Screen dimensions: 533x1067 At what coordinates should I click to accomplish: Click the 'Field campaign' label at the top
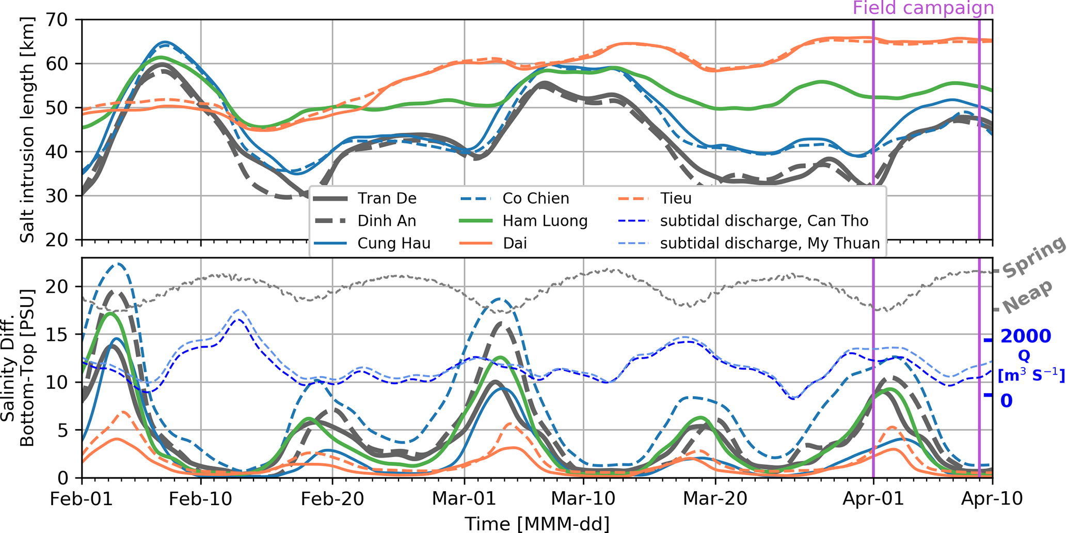click(923, 8)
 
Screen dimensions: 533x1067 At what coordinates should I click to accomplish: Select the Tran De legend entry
click(387, 199)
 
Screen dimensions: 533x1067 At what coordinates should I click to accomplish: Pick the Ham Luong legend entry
click(545, 221)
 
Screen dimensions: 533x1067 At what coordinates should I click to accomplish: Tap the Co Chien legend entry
click(535, 199)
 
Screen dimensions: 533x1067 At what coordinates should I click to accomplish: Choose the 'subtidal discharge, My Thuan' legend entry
click(769, 243)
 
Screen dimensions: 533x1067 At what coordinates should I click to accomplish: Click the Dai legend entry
click(515, 243)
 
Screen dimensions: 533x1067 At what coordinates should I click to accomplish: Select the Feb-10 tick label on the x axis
click(200, 499)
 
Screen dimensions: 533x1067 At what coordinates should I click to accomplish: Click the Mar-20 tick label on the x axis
click(715, 499)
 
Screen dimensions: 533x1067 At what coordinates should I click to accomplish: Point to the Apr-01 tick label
click(873, 499)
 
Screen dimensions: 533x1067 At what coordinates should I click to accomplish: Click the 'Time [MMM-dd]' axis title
click(537, 523)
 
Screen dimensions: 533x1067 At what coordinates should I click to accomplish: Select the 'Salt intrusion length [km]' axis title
click(27, 130)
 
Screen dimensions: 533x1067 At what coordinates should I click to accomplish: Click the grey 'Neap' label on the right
click(1027, 297)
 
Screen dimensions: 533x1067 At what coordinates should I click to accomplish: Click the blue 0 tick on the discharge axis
click(1007, 400)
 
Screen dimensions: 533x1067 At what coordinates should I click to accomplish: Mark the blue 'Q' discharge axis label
click(1024, 356)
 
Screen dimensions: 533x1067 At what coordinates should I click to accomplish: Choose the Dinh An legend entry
click(387, 221)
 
